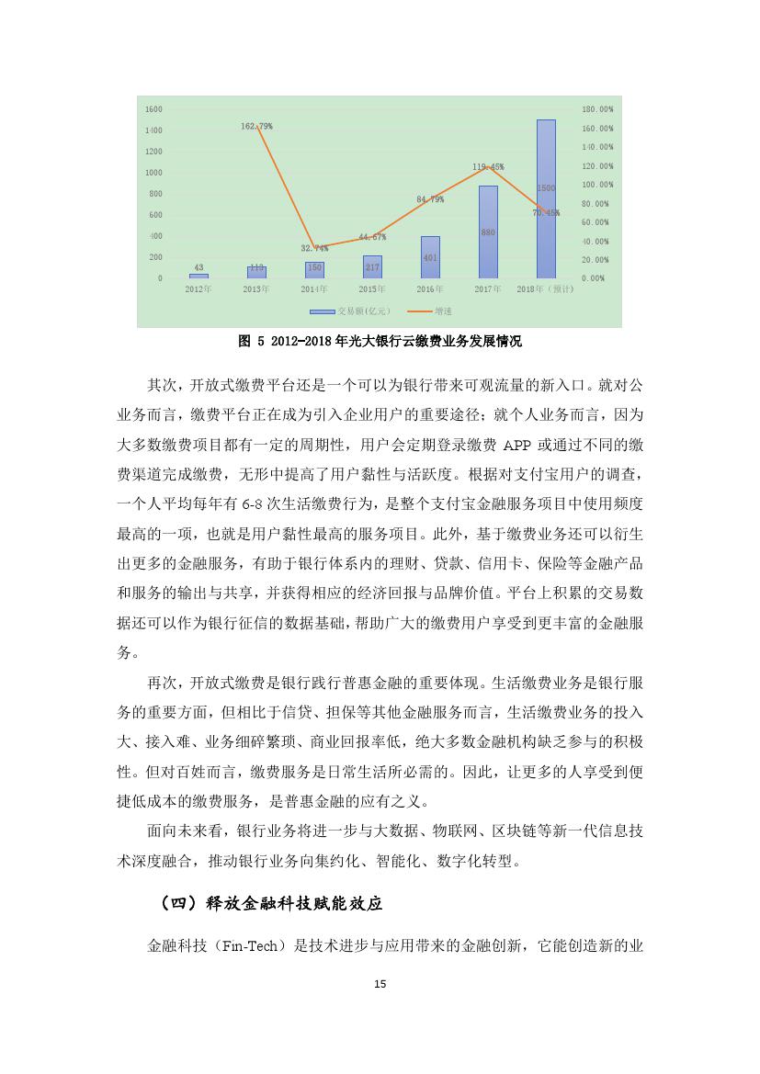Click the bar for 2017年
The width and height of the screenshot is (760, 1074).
click(x=488, y=232)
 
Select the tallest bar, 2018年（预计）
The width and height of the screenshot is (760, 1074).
click(x=546, y=198)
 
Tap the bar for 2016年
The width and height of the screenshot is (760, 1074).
click(x=430, y=256)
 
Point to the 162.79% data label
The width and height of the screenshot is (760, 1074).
click(x=256, y=125)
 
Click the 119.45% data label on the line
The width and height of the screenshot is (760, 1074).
click(x=488, y=167)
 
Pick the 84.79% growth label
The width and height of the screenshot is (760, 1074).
click(x=430, y=198)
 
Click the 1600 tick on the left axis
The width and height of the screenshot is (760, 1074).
click(x=153, y=108)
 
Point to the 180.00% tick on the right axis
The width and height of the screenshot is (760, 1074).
click(x=597, y=108)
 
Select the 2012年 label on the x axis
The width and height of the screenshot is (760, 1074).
click(x=198, y=289)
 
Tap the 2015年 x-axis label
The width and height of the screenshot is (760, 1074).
click(x=371, y=289)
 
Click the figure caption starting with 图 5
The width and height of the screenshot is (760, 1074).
click(x=380, y=341)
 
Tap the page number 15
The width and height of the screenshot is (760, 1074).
click(x=380, y=984)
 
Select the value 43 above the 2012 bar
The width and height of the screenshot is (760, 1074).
click(x=199, y=267)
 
